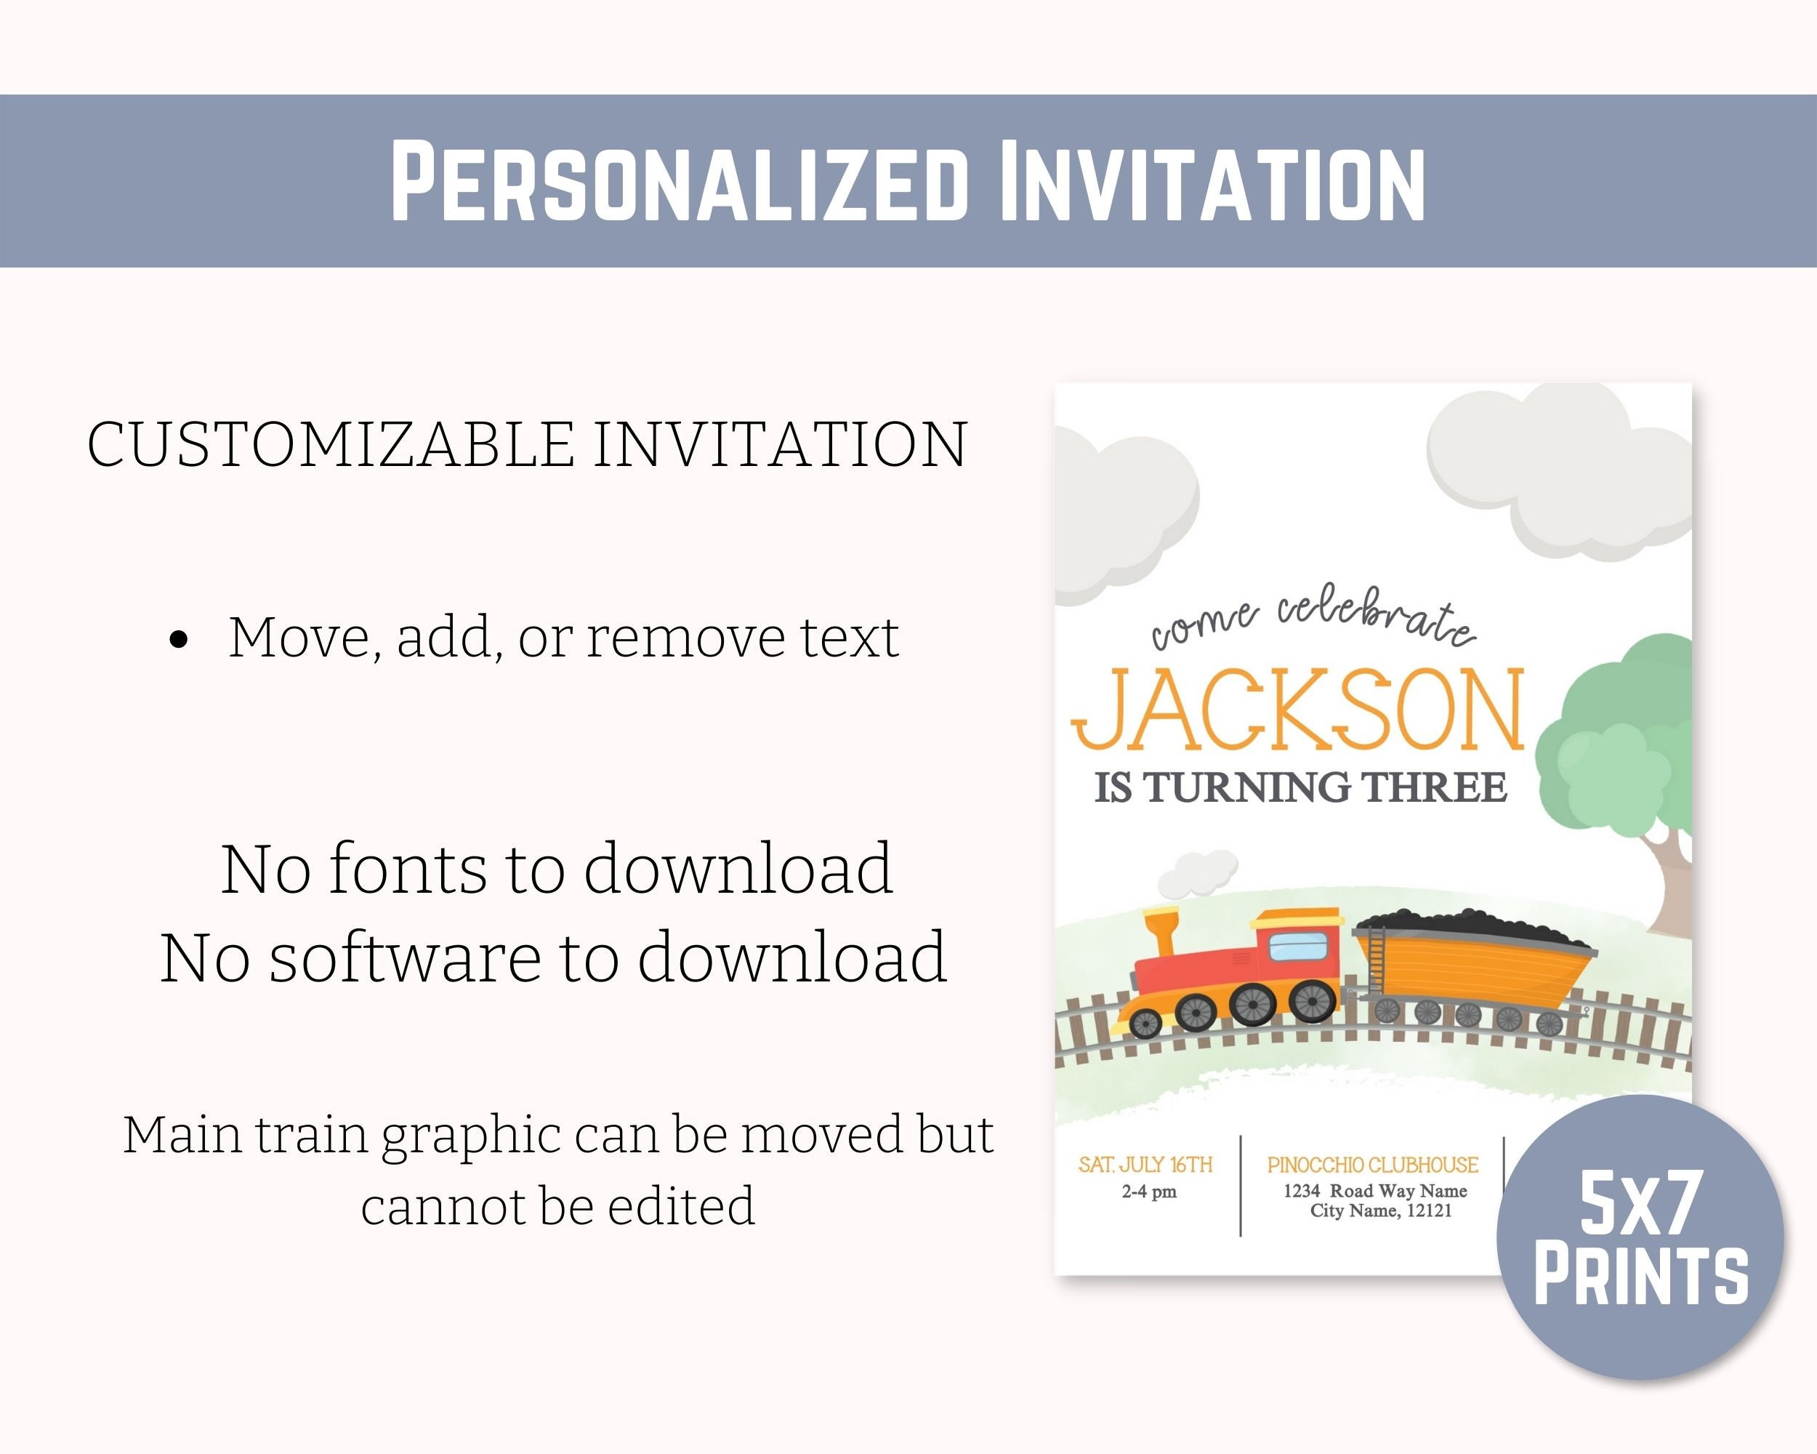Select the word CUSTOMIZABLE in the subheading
pos(331,444)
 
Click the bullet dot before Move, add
pos(179,639)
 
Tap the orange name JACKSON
pos(1298,710)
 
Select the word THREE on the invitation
pos(1435,788)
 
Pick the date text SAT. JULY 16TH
pos(1145,1165)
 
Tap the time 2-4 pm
pos(1148,1192)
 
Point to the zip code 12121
pos(1428,1211)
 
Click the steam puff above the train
pos(1197,872)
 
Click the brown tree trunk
pos(1669,885)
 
